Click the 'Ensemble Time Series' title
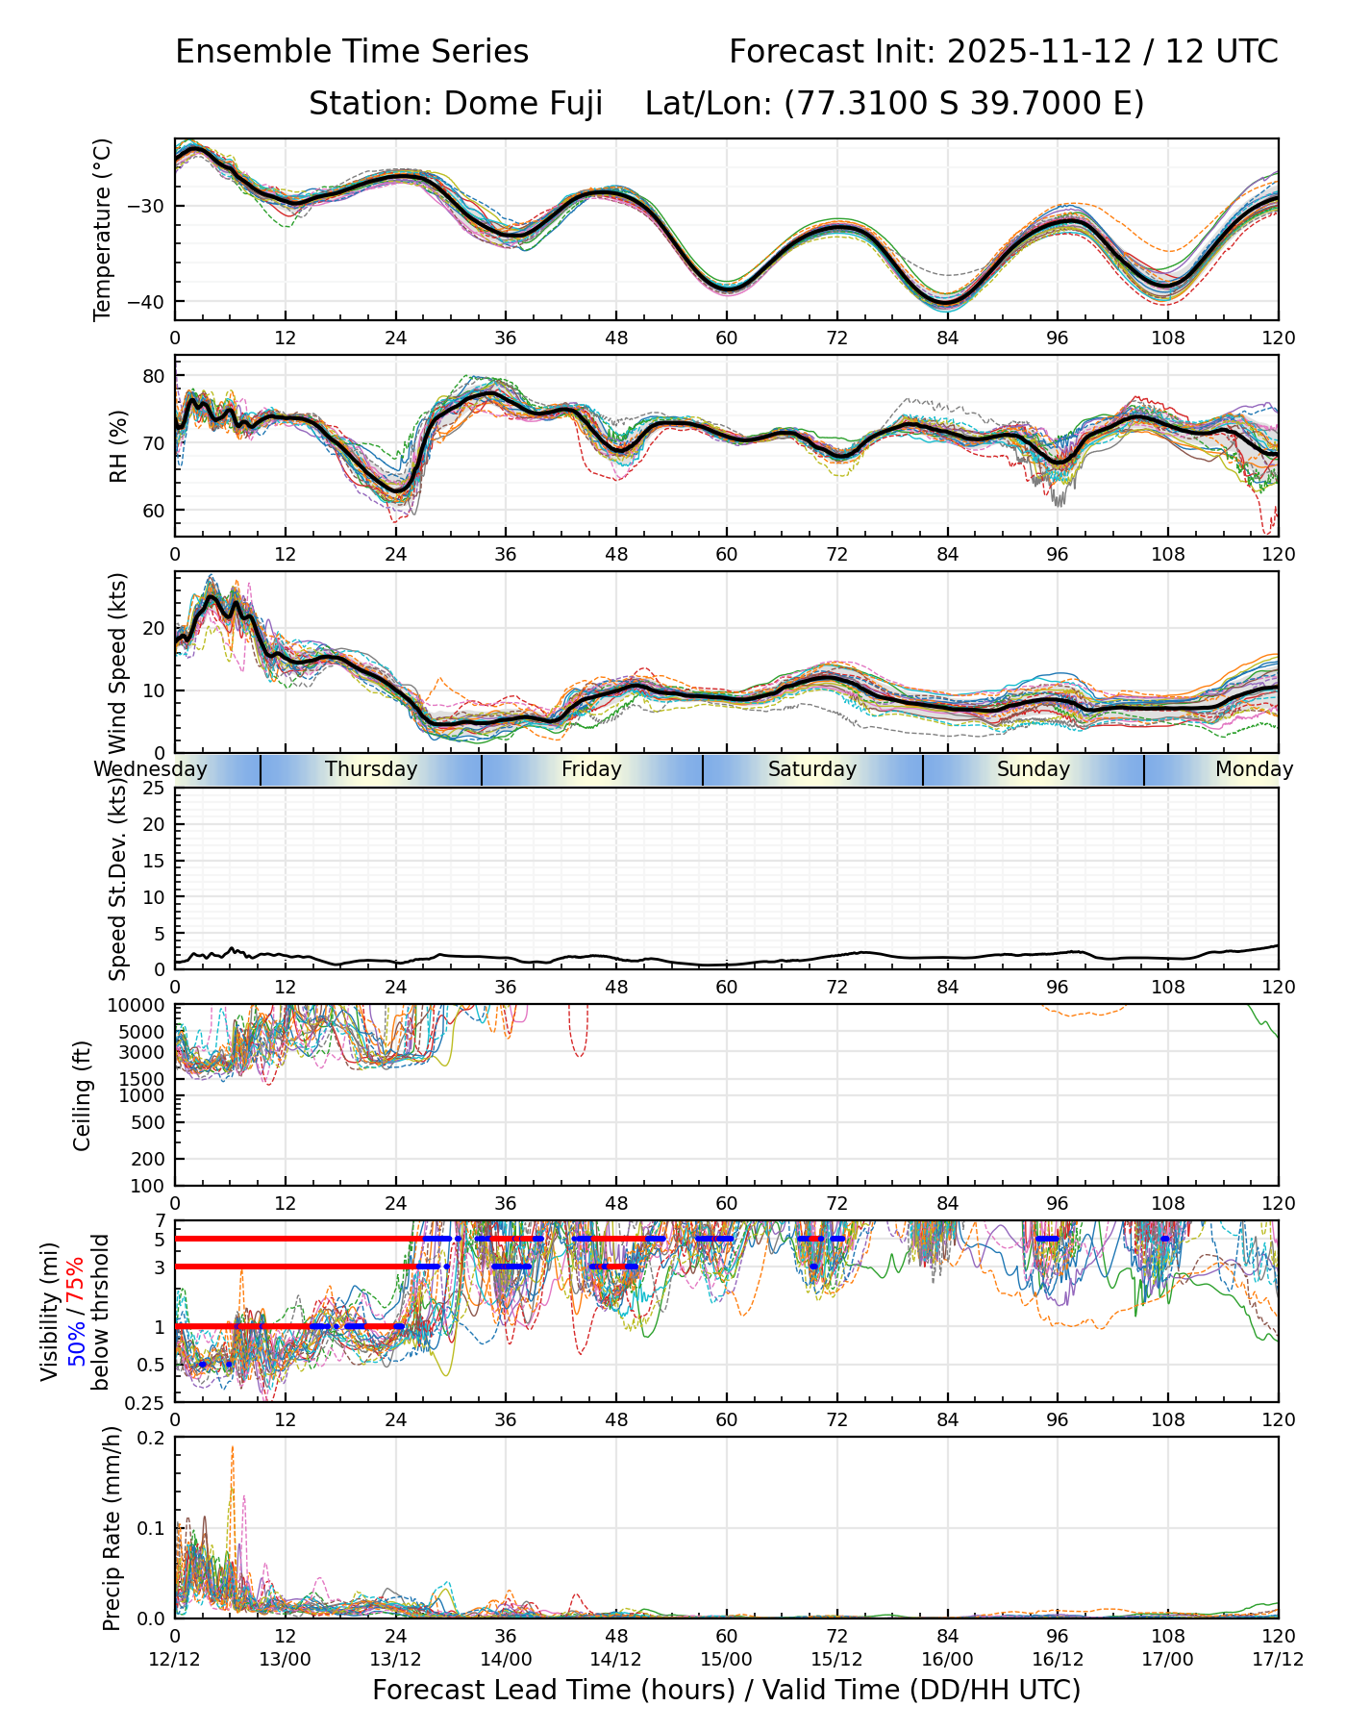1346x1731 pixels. tap(352, 52)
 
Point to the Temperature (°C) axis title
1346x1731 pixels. tap(103, 229)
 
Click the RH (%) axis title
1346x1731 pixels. tap(119, 445)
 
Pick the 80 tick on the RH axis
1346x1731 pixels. tap(154, 376)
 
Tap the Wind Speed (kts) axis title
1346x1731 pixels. tap(118, 663)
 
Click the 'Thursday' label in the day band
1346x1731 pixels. tap(371, 769)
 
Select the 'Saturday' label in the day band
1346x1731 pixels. tap(812, 769)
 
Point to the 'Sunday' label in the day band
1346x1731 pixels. tap(1034, 769)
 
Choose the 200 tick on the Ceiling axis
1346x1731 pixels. tap(148, 1159)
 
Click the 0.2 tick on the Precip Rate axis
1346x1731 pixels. tap(152, 1439)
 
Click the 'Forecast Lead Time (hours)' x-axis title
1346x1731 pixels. tap(553, 1690)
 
